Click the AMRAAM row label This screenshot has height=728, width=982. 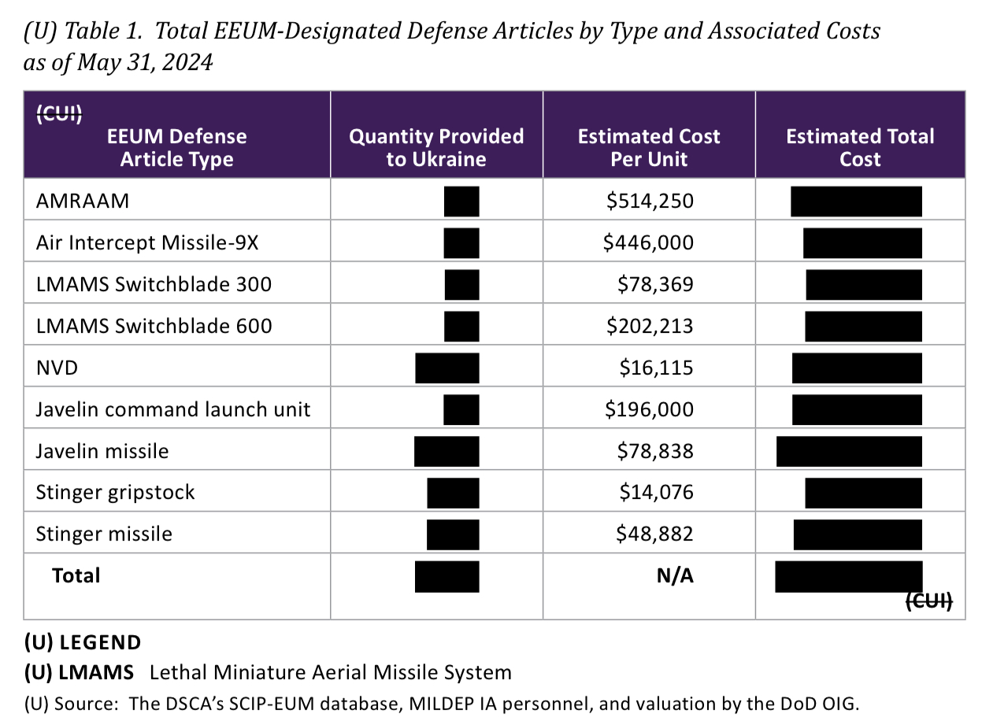point(83,201)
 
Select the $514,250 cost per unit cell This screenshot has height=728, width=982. point(650,201)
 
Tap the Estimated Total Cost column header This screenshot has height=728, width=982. point(860,147)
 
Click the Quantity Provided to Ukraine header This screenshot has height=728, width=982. point(436,147)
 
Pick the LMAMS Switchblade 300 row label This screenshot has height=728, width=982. point(154,284)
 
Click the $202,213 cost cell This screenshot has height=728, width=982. point(650,326)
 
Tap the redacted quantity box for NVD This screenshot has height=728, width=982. point(447,368)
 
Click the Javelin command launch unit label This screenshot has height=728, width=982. point(173,409)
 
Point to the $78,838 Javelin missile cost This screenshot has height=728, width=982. point(655,451)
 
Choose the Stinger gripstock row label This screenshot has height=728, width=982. point(115,493)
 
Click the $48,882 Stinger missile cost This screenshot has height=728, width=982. point(654,534)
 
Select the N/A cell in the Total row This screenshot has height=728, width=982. point(675,576)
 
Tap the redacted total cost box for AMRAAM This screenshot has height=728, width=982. point(856,201)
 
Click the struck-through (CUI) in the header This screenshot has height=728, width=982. point(59,114)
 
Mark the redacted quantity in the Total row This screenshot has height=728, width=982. point(447,576)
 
